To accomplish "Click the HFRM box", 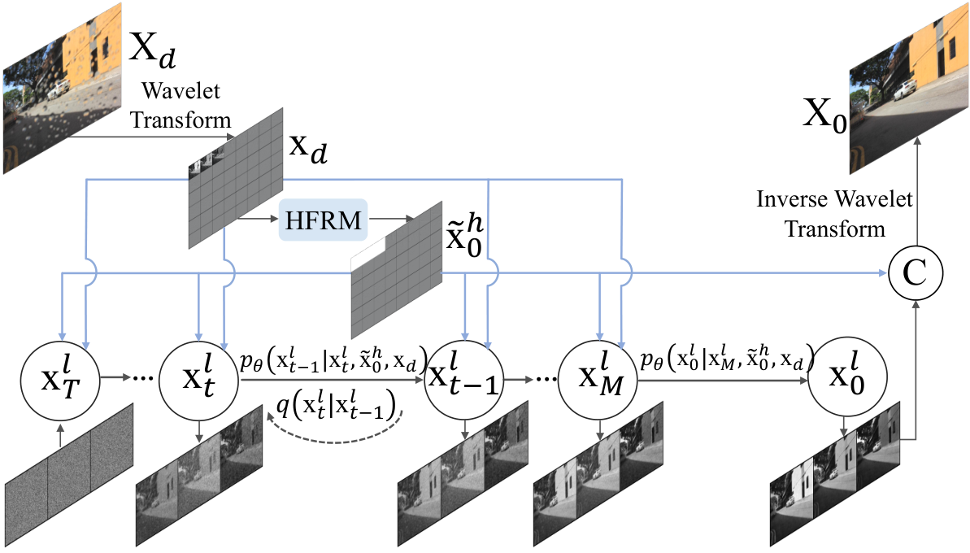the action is [x=323, y=220].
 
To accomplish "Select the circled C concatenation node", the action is [x=916, y=272].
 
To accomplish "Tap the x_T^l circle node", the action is [x=60, y=377].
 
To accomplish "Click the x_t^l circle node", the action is [x=198, y=377].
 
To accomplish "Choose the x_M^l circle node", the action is [x=598, y=377].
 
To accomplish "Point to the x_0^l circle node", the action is [x=847, y=377].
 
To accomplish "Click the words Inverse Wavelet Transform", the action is [x=834, y=214].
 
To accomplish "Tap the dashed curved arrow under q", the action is [x=334, y=433].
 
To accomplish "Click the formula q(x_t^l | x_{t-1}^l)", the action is [x=336, y=406].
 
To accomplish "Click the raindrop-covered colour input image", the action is [x=63, y=87].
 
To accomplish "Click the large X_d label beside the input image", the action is [x=152, y=48].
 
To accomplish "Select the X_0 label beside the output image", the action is [x=824, y=115].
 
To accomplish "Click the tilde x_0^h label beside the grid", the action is [x=464, y=237].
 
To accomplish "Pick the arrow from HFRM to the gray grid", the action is [x=391, y=219].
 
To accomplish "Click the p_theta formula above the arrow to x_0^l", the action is [x=726, y=358].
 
